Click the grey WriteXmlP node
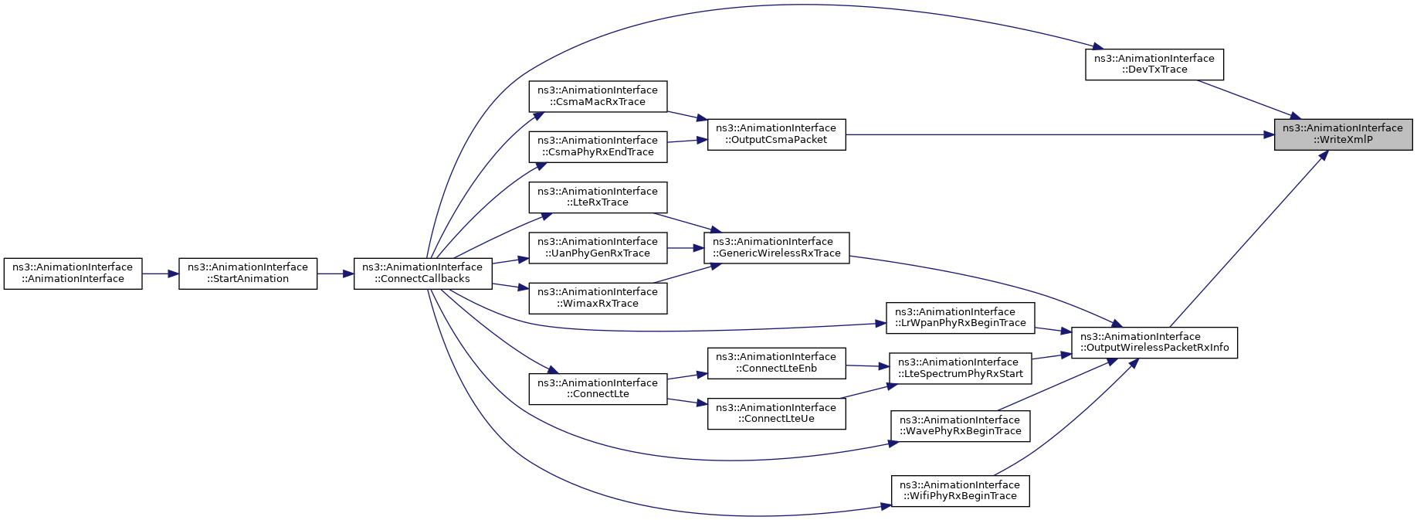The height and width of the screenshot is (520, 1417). click(1343, 134)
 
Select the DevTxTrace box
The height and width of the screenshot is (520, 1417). click(1154, 64)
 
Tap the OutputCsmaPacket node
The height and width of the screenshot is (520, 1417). click(776, 134)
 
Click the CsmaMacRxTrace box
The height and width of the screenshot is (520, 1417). click(598, 97)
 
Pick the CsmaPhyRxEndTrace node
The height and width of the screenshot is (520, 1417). click(598, 147)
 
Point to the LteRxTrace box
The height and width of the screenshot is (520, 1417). click(598, 197)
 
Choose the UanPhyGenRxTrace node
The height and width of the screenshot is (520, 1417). click(598, 247)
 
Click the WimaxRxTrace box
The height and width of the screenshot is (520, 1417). click(598, 298)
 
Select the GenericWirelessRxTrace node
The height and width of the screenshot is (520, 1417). click(776, 247)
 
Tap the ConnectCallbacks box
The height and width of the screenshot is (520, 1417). click(423, 274)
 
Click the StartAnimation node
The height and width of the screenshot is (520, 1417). click(248, 274)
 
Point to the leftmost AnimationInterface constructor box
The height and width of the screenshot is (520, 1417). click(73, 274)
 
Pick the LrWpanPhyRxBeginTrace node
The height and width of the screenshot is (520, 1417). click(960, 318)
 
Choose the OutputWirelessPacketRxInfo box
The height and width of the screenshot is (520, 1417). click(1154, 342)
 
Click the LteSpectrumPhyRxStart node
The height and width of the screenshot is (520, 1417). click(960, 368)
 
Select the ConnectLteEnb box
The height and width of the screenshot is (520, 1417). click(776, 363)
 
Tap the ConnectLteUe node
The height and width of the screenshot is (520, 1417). click(776, 413)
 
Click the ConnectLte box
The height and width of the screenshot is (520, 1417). click(598, 389)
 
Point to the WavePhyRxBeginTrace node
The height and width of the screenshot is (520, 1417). click(960, 426)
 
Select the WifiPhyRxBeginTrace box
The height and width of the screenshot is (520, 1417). click(960, 491)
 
